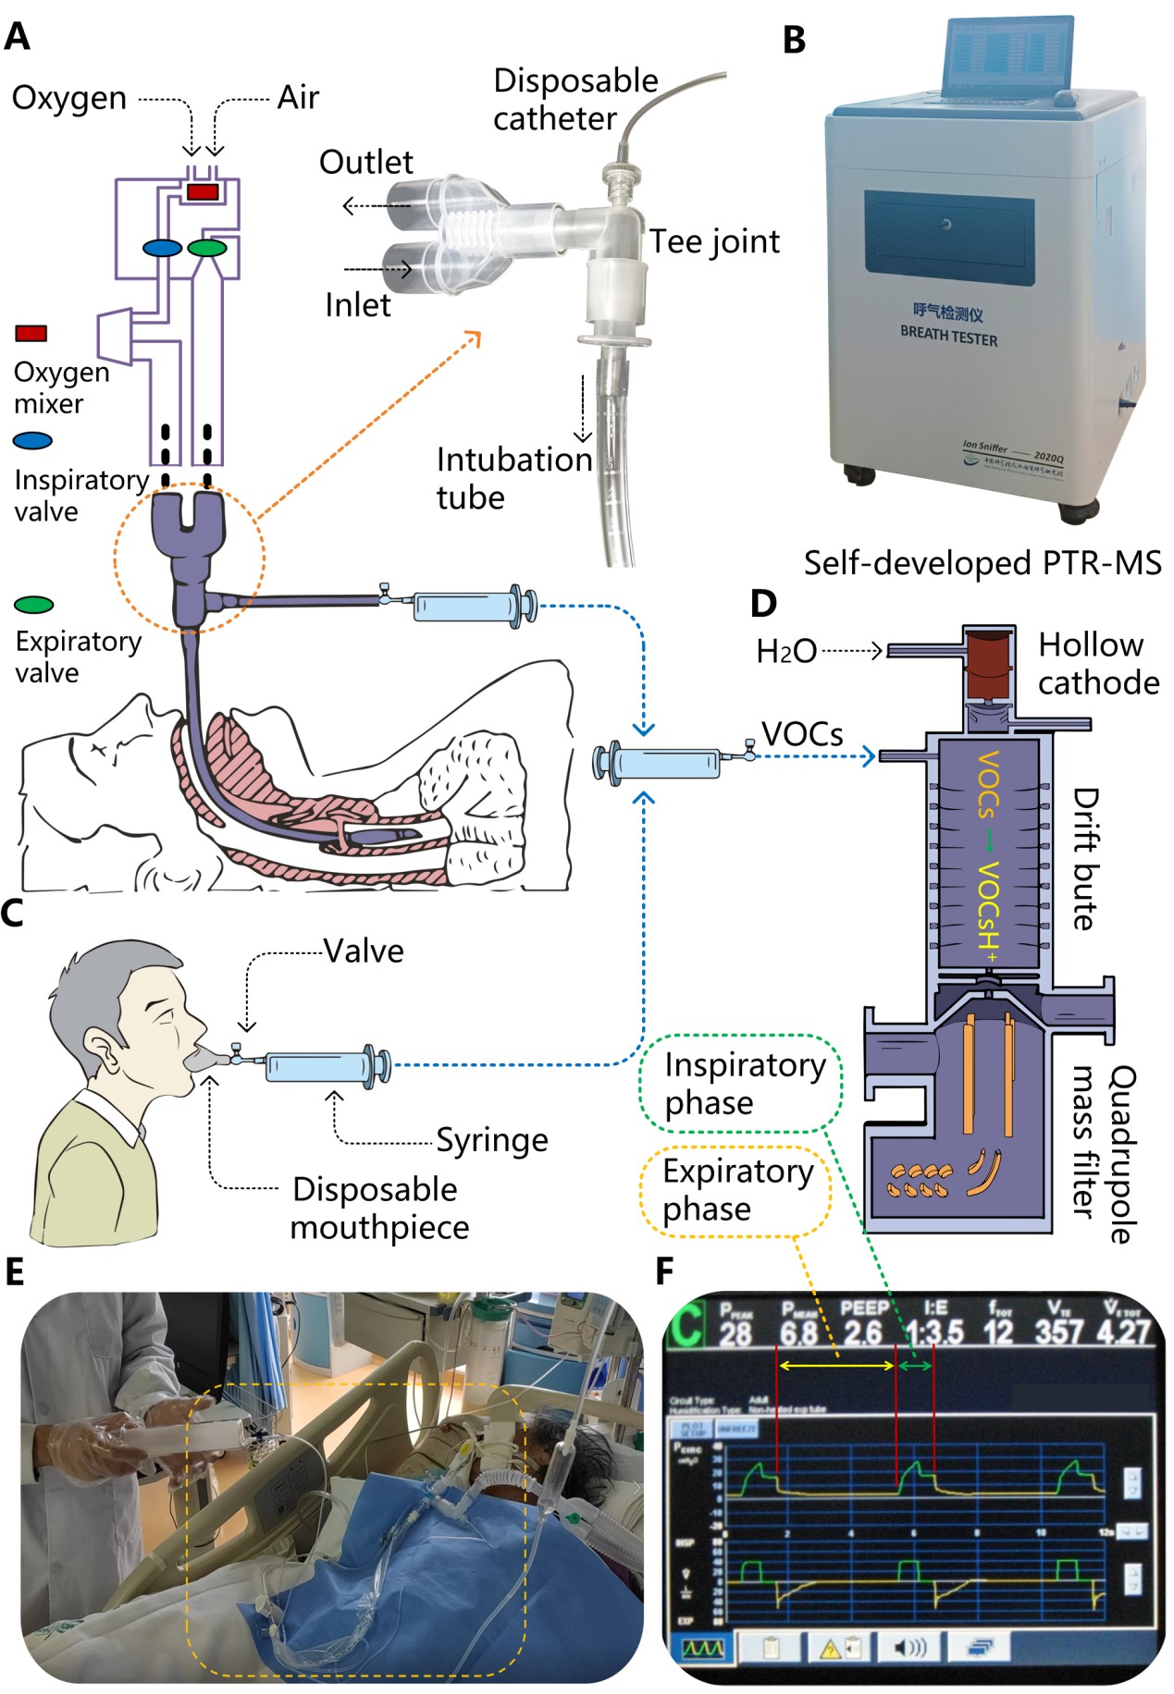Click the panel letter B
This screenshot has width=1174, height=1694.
pos(794,41)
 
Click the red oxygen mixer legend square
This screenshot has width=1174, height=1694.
pos(31,333)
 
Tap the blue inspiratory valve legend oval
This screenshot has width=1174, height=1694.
pos(32,441)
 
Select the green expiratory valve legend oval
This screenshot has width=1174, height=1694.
pos(34,605)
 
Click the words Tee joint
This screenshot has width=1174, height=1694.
pos(714,241)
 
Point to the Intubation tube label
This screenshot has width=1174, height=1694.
pos(513,478)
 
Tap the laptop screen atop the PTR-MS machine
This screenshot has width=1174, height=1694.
pos(1002,56)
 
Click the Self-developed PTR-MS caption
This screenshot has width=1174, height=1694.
pos(982,563)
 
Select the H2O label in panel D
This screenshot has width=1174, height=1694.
pos(785,652)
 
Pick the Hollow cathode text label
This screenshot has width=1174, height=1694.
pos(1098,663)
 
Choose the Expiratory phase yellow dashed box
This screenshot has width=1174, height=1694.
pos(736,1189)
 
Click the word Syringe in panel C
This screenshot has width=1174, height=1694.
pos(492,1140)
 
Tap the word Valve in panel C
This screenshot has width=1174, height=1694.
pos(364,951)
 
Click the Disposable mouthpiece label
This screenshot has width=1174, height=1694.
pos(378,1208)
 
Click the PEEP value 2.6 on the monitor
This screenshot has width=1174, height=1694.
pos(862,1332)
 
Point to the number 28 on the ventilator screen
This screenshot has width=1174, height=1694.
pos(735,1334)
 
